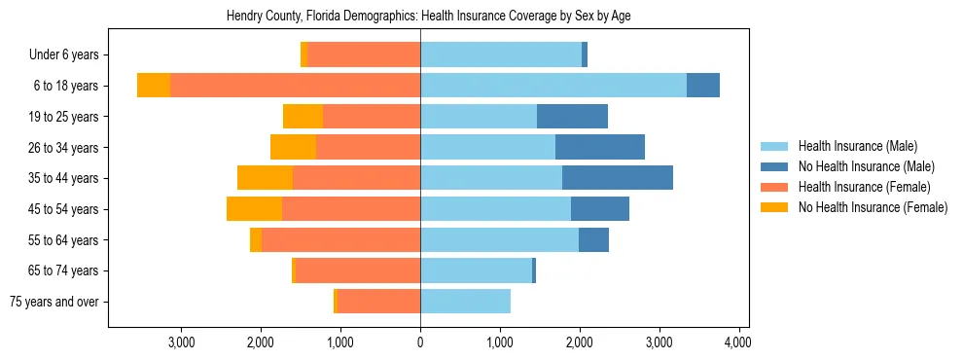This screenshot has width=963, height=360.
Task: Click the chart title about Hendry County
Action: pyautogui.click(x=428, y=17)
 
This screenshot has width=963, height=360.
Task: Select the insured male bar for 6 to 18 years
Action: pyautogui.click(x=553, y=86)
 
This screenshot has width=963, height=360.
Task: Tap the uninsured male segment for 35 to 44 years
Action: pyautogui.click(x=618, y=178)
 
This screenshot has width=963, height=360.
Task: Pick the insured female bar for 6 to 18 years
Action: pyautogui.click(x=295, y=86)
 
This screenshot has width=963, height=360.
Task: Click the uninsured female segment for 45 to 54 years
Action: pyautogui.click(x=254, y=209)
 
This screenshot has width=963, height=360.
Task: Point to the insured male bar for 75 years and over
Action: pyautogui.click(x=465, y=302)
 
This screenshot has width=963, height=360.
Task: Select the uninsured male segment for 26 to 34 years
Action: pyautogui.click(x=600, y=148)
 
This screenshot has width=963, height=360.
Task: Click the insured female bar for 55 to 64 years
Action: pyautogui.click(x=340, y=240)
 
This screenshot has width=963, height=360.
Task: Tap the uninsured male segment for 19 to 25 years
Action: pyautogui.click(x=572, y=117)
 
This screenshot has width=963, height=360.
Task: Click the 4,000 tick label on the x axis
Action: pyautogui.click(x=737, y=342)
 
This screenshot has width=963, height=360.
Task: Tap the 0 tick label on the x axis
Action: pyautogui.click(x=420, y=342)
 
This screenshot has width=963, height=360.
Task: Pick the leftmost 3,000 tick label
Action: pyautogui.click(x=182, y=342)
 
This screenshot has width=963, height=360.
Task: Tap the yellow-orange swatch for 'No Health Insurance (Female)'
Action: pyautogui.click(x=774, y=207)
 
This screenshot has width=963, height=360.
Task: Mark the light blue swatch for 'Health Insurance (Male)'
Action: pyautogui.click(x=774, y=146)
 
